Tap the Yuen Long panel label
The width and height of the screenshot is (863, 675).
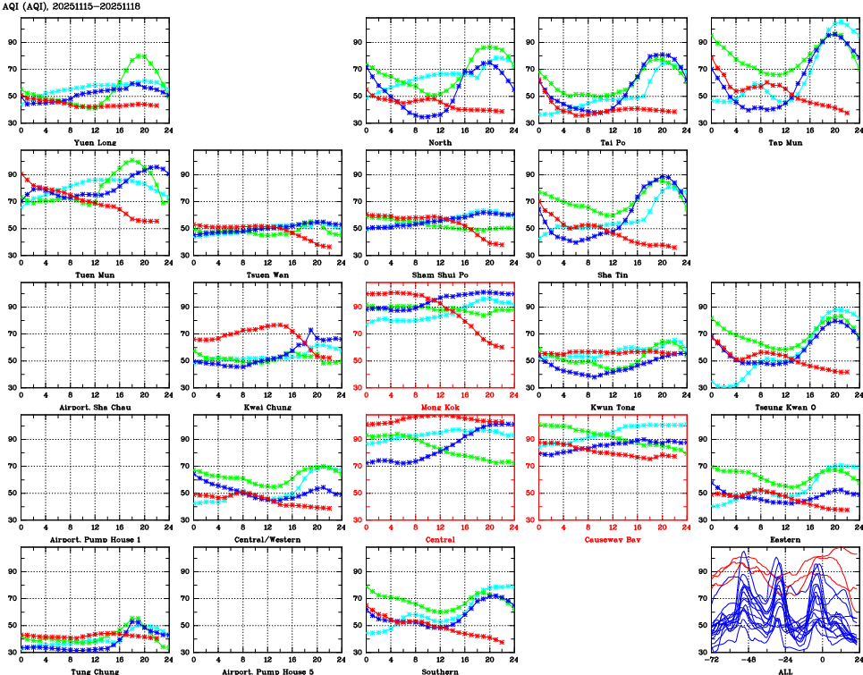pyautogui.click(x=94, y=141)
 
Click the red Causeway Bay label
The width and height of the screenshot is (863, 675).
pyautogui.click(x=612, y=539)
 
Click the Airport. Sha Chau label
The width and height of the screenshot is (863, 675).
pyautogui.click(x=94, y=407)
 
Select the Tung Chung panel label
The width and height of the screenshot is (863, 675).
pyautogui.click(x=94, y=671)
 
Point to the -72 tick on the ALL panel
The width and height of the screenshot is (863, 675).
pyautogui.click(x=711, y=660)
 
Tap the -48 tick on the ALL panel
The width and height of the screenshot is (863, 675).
pyautogui.click(x=749, y=660)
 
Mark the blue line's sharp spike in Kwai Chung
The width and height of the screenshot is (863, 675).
pyautogui.click(x=310, y=330)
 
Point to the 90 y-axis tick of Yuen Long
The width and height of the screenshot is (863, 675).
pyautogui.click(x=11, y=43)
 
